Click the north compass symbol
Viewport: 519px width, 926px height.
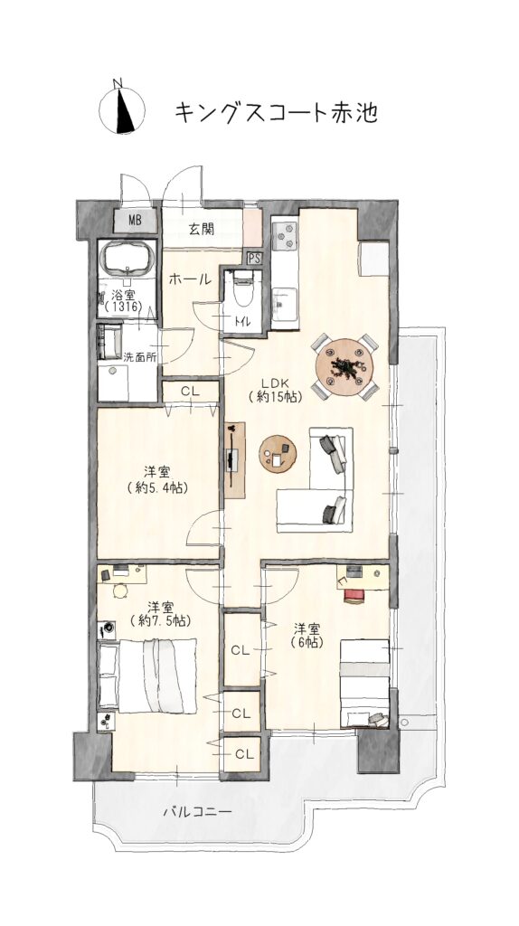[122, 108]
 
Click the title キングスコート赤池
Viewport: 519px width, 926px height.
[276, 112]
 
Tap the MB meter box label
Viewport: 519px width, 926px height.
[136, 222]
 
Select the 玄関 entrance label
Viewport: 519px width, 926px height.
[202, 229]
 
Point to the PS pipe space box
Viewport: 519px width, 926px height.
[255, 258]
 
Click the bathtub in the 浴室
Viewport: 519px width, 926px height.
[128, 259]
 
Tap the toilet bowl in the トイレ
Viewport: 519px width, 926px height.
[242, 288]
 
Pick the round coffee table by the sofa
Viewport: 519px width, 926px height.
[278, 454]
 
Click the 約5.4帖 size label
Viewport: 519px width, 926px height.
[157, 487]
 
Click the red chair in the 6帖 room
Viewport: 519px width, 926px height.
[354, 596]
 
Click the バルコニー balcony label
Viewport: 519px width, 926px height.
[197, 813]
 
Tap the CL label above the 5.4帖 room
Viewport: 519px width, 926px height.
[190, 391]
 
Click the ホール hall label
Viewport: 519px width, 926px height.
[190, 279]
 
